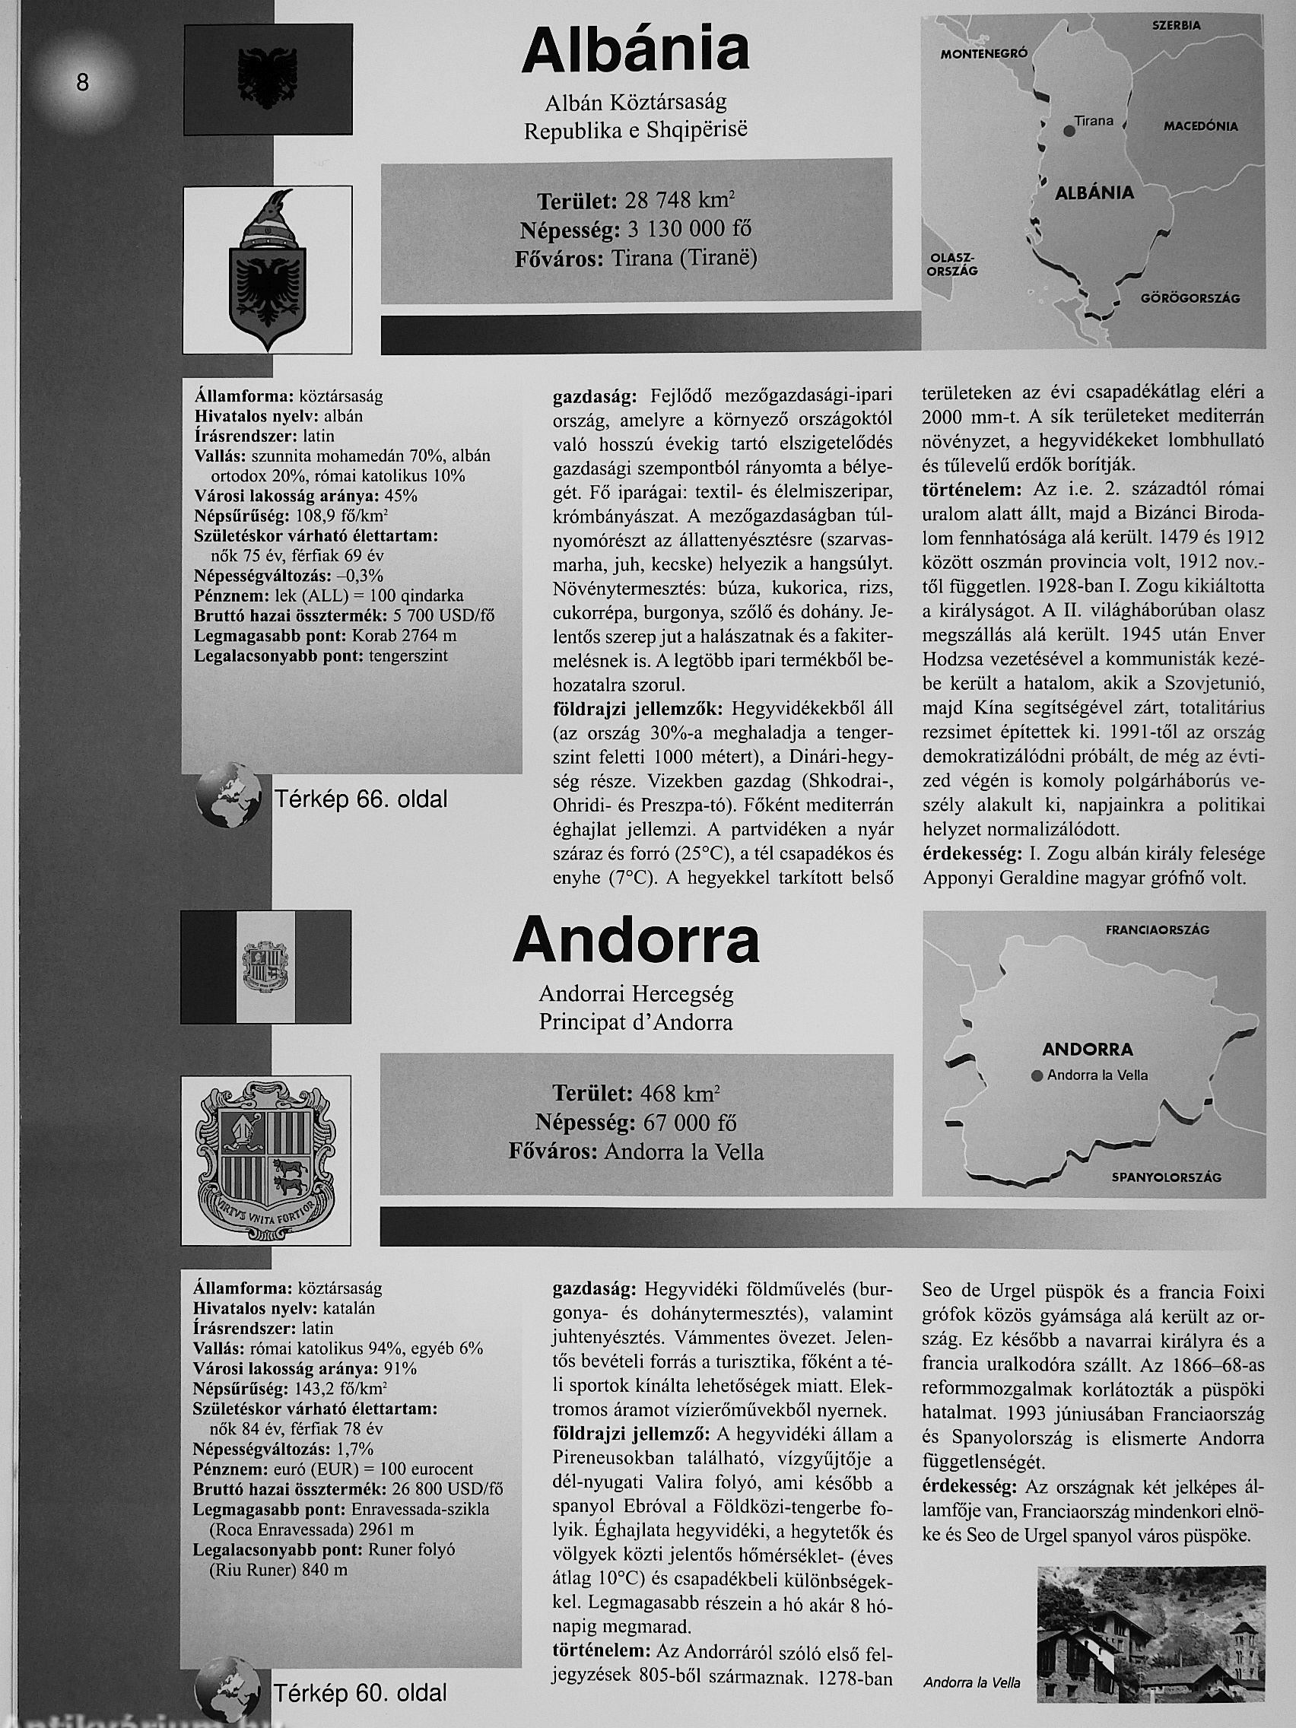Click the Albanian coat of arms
point(266,269)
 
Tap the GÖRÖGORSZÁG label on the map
point(1190,297)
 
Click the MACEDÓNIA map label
point(1201,125)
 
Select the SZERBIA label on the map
point(1176,25)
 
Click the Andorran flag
point(265,981)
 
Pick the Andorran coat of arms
point(265,1161)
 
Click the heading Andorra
point(636,941)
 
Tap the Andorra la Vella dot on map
point(1037,1075)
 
